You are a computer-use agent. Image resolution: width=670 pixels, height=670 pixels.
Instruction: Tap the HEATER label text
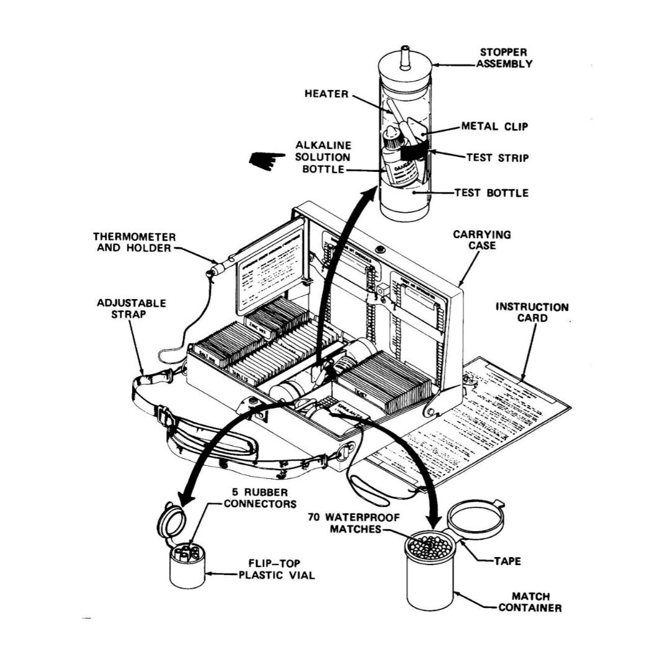point(326,94)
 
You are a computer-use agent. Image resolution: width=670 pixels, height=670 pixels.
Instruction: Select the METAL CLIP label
point(494,127)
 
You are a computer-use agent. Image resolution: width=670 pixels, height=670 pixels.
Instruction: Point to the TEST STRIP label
point(498,158)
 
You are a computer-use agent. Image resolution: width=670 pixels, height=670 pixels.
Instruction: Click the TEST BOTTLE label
point(491,193)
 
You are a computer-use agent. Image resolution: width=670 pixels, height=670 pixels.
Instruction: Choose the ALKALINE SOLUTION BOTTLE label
point(323,157)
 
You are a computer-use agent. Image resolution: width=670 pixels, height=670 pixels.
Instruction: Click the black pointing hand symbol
point(264,160)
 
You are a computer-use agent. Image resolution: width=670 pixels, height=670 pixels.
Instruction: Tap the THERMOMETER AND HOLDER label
point(135,243)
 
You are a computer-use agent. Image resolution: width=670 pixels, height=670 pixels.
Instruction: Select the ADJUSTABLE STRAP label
point(132,309)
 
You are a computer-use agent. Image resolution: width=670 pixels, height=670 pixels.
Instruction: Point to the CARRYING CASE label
point(482,241)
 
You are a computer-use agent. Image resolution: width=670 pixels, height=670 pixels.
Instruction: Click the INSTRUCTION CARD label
point(532,312)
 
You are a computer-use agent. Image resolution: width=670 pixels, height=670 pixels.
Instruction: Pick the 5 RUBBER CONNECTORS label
point(260,498)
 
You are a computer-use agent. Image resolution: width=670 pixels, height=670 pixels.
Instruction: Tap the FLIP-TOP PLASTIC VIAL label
point(277,569)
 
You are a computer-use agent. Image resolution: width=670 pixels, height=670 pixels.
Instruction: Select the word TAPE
point(507,561)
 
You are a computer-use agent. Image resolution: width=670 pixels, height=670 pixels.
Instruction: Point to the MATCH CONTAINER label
point(531,602)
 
